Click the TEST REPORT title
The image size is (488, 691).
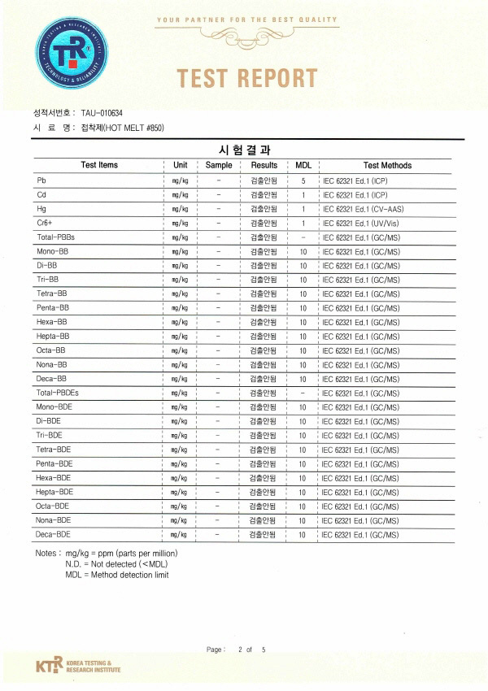(x=247, y=78)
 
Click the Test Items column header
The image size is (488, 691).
(x=99, y=165)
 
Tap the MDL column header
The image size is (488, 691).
(x=303, y=165)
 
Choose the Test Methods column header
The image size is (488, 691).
(x=387, y=165)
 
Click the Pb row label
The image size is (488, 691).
(x=41, y=180)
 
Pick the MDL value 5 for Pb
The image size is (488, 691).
(x=303, y=180)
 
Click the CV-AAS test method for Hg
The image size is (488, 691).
(x=364, y=209)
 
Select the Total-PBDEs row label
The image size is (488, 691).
(x=58, y=393)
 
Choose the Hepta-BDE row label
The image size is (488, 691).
(x=54, y=492)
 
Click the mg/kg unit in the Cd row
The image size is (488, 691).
(x=180, y=195)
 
